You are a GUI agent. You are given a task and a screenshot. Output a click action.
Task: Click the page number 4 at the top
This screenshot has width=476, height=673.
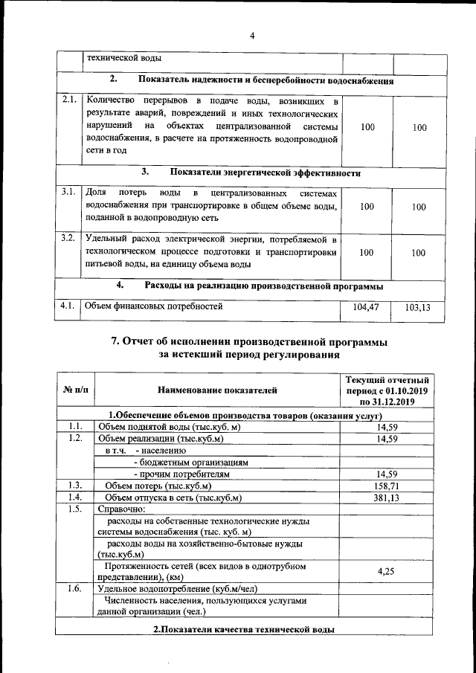tap(252, 36)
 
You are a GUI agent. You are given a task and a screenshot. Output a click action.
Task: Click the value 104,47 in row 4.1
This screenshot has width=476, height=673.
tap(367, 306)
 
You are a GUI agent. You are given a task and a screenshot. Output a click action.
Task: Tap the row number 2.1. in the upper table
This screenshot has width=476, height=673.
tap(70, 100)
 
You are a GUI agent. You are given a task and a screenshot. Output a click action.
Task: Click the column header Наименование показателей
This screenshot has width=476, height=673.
tap(217, 389)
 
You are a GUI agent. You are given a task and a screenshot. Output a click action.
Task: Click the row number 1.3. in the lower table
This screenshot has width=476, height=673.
tap(74, 485)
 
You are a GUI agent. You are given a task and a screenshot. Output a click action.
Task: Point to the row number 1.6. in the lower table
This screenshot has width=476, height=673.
tap(74, 588)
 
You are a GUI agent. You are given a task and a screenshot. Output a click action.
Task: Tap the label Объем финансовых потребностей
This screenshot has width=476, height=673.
tap(153, 305)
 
